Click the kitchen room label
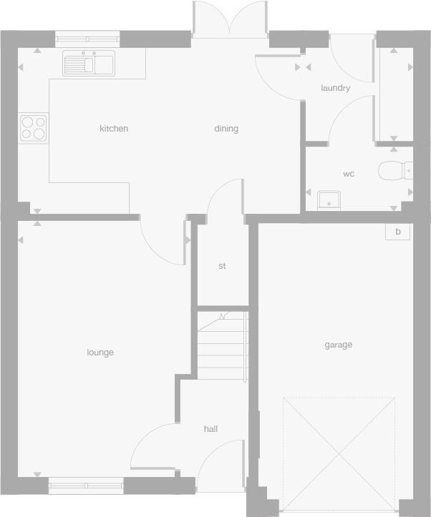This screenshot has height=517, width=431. (x=114, y=129)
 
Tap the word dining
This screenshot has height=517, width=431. (x=226, y=129)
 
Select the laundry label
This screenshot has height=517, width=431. (x=335, y=88)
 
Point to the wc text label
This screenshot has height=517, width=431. (x=349, y=174)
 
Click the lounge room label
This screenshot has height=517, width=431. (x=100, y=352)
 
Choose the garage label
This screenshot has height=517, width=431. (x=339, y=345)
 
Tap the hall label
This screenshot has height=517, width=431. (x=210, y=429)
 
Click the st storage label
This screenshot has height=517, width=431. (x=222, y=266)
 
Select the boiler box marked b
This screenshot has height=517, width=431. (x=397, y=232)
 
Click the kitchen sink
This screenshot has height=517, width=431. (x=89, y=64)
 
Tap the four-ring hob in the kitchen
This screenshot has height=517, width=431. (x=34, y=128)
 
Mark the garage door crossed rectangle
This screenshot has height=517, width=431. (x=339, y=453)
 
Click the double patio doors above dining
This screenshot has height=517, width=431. (x=229, y=20)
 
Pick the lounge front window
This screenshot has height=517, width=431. (x=86, y=486)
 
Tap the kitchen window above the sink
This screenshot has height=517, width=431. (x=87, y=39)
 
